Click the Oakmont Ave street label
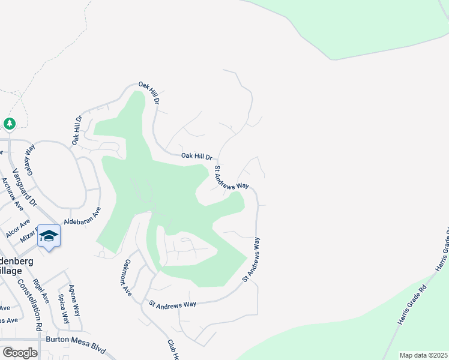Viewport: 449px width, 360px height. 127,275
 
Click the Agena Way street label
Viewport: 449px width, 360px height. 75,301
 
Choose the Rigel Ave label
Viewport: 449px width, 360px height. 41,291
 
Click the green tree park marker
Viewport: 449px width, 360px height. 9,124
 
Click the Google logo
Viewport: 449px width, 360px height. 20,353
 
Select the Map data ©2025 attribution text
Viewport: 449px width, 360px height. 423,355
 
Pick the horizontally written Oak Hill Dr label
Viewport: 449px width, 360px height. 197,157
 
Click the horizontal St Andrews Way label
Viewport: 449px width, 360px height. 173,305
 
